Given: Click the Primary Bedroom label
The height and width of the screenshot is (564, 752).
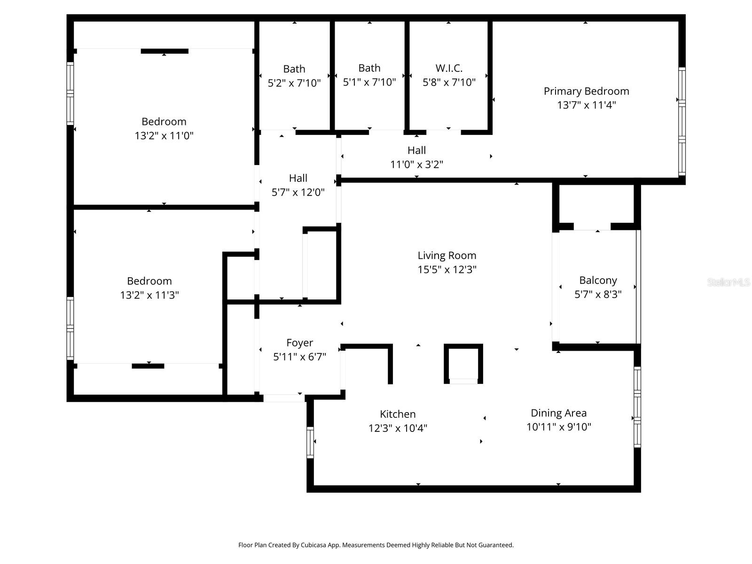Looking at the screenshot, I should click(586, 91).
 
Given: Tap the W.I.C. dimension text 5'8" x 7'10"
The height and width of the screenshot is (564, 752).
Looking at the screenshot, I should click(449, 83).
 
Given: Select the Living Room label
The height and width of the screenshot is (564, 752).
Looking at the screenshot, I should click(446, 256).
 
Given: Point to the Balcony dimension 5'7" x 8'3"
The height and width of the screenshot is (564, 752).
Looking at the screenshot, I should click(598, 295).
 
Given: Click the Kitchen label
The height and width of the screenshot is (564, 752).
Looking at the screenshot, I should click(398, 414).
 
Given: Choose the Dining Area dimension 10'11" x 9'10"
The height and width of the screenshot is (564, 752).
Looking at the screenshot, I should click(558, 427).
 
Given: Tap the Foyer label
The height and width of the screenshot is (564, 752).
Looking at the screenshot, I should click(299, 343).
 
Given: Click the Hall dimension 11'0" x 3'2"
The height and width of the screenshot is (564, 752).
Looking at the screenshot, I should click(416, 165).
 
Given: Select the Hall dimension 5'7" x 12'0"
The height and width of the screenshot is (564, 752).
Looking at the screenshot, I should click(298, 193).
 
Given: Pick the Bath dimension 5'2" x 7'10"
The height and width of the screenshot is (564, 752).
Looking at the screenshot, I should click(294, 84).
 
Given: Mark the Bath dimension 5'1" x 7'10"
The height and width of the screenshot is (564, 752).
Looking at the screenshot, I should click(369, 83).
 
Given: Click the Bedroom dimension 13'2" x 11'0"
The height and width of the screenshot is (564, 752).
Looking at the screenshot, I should click(164, 136).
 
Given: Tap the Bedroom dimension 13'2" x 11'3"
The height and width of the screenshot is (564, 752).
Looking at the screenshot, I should click(149, 296).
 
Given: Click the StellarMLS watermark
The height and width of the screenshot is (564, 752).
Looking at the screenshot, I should click(728, 282).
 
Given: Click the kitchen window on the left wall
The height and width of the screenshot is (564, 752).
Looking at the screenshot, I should click(310, 442).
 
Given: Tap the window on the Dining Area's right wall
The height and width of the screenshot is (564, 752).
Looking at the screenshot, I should click(637, 407).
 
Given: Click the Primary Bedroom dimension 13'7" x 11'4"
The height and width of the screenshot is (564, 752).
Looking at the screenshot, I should click(586, 105).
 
